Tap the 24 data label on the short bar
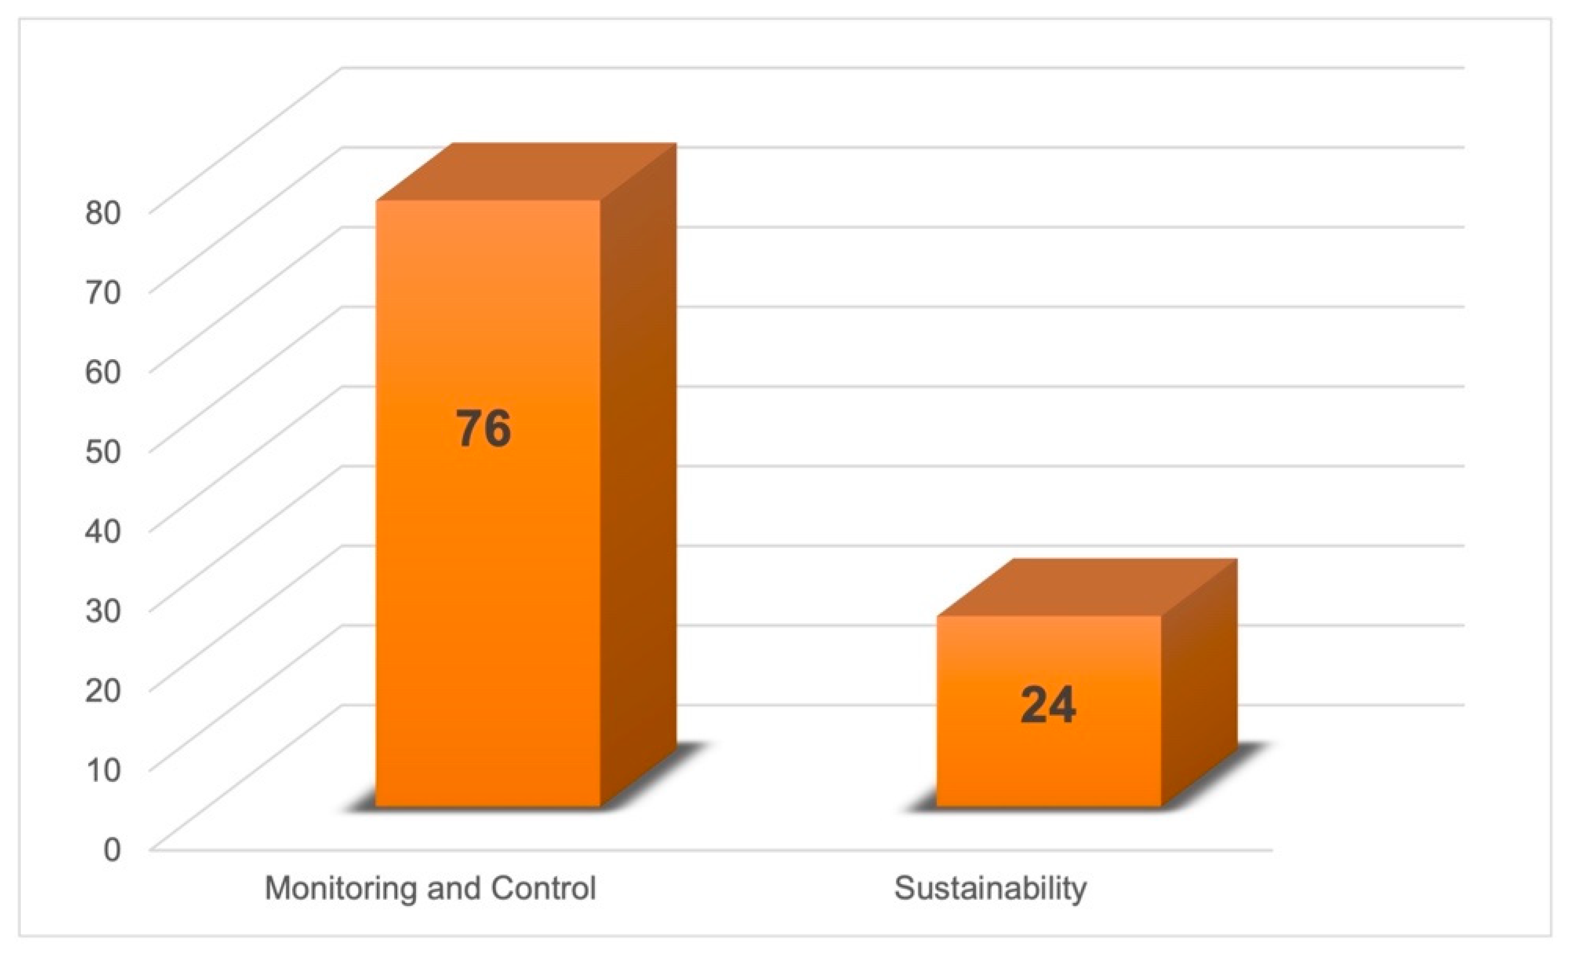coord(1048,705)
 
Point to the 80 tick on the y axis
coord(103,212)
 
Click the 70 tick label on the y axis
coord(103,292)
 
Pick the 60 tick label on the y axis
coord(103,372)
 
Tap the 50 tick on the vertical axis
coord(103,451)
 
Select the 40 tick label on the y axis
coord(103,531)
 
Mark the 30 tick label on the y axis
coord(103,611)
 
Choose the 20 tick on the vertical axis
coord(103,690)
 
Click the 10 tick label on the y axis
coord(103,770)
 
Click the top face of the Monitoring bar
coord(526,172)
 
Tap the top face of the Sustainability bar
coord(1087,588)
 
